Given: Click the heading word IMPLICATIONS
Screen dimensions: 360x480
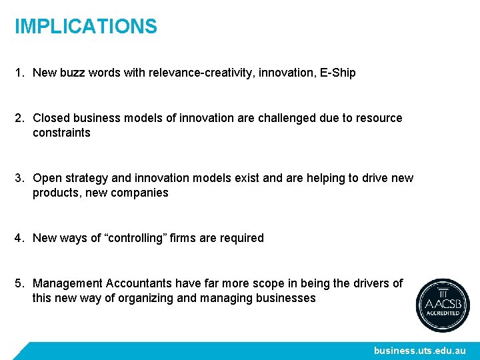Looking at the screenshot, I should pos(86,27).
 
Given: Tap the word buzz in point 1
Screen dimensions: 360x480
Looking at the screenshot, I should pos(71,73).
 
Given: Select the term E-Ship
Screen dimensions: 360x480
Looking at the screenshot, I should pos(338,73).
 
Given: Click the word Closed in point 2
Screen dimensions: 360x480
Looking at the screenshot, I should pos(51,118).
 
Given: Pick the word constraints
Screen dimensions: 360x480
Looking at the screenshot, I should pos(61,133).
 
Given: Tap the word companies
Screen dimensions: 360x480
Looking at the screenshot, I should pos(141,193).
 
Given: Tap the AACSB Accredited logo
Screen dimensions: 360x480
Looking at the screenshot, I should pos(443,305).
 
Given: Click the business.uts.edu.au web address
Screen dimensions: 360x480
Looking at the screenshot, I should pos(420,351).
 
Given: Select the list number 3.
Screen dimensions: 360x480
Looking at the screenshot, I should pos(19,178).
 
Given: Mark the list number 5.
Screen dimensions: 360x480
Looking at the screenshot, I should pos(19,283).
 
